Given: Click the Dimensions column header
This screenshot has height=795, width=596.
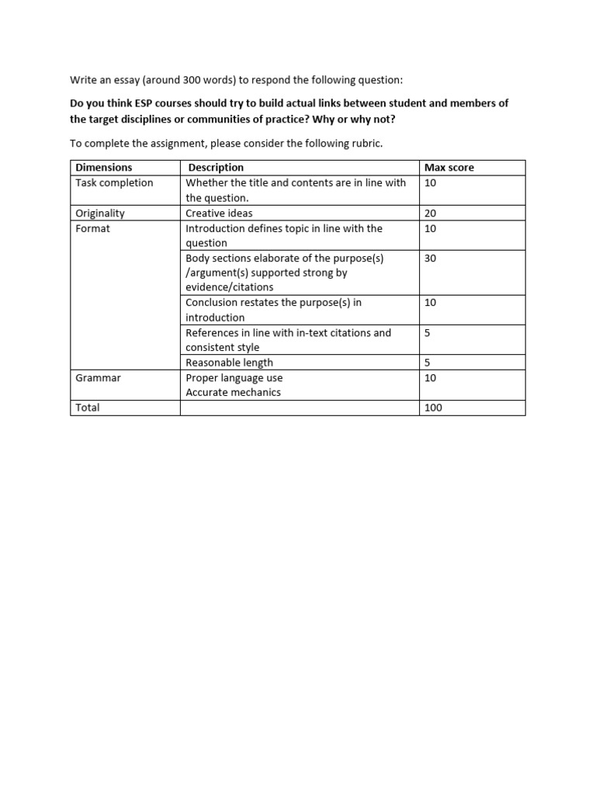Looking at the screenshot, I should [x=104, y=168].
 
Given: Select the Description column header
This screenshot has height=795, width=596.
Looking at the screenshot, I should [x=216, y=168].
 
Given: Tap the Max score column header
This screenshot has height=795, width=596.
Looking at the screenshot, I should [x=449, y=168].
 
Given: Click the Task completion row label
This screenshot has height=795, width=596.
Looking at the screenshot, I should [x=114, y=183].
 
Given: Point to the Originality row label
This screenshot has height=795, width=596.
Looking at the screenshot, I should [x=100, y=213].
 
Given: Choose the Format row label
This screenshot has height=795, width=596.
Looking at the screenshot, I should [x=92, y=228].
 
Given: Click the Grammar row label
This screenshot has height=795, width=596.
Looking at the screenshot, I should [x=98, y=378].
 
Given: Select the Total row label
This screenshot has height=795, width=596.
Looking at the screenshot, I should [x=88, y=408].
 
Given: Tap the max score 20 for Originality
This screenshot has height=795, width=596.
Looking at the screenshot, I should [x=431, y=213].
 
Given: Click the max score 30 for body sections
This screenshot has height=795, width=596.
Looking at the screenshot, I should [x=431, y=258].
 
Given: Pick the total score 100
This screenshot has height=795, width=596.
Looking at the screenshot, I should [x=433, y=408].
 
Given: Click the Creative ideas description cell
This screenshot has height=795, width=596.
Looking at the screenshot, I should [x=219, y=213].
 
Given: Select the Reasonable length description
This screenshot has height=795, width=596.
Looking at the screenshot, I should [x=229, y=363].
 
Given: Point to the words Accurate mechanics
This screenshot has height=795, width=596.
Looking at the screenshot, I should [x=233, y=393].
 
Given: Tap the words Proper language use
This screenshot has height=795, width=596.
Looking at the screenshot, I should [x=234, y=378].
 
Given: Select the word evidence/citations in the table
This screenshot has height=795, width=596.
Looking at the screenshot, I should [x=229, y=287].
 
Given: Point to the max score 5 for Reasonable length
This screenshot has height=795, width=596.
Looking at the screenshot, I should [x=428, y=363].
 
